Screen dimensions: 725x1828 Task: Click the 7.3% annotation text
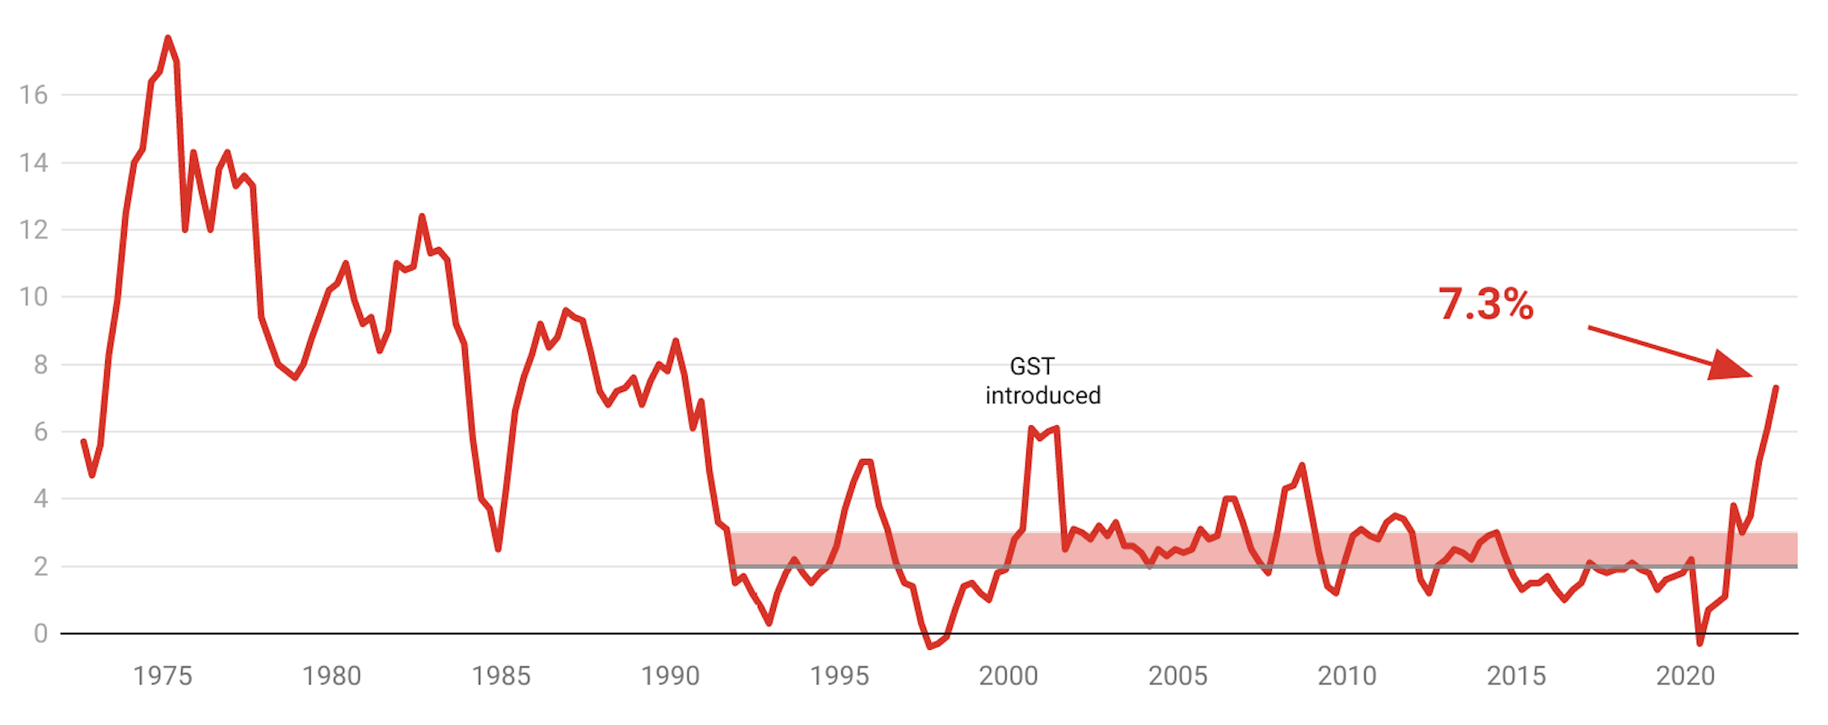1485,305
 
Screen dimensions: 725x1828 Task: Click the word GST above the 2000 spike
1032,366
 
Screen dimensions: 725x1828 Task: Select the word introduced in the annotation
1042,395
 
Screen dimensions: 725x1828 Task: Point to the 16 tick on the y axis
34,95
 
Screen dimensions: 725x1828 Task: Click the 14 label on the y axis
34,162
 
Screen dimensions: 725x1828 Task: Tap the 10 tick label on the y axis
34,297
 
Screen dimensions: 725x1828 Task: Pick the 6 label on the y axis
40,432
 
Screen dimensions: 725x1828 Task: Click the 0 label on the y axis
40,633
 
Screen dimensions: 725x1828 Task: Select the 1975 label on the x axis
162,676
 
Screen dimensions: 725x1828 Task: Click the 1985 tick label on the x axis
501,676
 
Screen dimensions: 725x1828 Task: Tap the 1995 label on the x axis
840,676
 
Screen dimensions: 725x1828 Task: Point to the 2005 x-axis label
1177,676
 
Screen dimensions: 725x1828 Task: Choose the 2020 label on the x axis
1685,676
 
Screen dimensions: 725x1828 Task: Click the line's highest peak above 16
168,38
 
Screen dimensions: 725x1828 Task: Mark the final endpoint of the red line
1775,388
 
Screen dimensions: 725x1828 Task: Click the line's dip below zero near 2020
1700,643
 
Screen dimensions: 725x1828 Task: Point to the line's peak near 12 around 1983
422,217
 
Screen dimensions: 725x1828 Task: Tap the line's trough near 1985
499,550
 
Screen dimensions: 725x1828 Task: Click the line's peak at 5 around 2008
1302,466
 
